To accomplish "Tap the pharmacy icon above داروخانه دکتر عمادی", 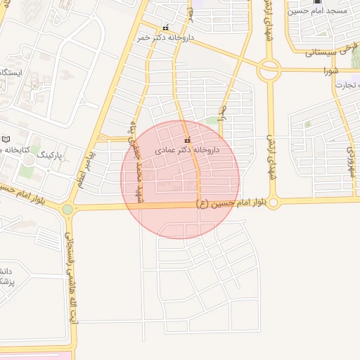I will pos(187,139).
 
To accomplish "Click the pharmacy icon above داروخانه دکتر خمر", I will pos(166,25).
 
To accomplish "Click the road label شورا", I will pos(331,71).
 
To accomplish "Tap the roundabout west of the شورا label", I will pos(268,70).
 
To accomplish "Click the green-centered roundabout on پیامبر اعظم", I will pos(67,210).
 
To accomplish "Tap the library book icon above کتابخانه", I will pos(6,140).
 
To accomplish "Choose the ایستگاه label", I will pos(11,73).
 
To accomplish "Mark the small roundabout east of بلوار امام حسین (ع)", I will pos(274,203).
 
